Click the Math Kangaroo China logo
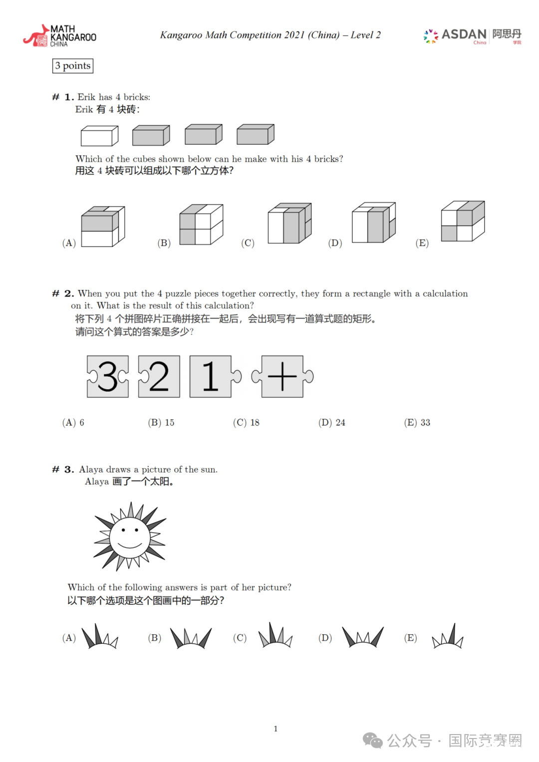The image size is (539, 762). click(60, 36)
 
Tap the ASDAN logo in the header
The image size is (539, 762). click(472, 35)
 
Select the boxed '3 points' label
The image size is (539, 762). click(73, 66)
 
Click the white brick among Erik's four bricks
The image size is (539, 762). click(99, 136)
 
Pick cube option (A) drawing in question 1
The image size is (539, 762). click(103, 227)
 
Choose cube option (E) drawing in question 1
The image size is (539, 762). click(463, 221)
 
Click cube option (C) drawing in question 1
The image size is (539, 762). click(289, 224)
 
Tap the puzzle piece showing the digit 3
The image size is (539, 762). click(108, 376)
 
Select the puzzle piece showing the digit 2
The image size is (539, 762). click(159, 376)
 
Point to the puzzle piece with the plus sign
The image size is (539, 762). click(282, 376)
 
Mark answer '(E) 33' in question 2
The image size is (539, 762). click(417, 423)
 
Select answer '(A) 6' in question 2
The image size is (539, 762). click(73, 423)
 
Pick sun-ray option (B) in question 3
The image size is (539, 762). click(191, 637)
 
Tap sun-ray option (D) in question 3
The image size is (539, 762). click(363, 637)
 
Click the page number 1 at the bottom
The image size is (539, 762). click(275, 729)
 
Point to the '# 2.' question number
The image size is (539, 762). click(63, 293)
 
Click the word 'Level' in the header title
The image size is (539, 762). click(362, 35)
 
